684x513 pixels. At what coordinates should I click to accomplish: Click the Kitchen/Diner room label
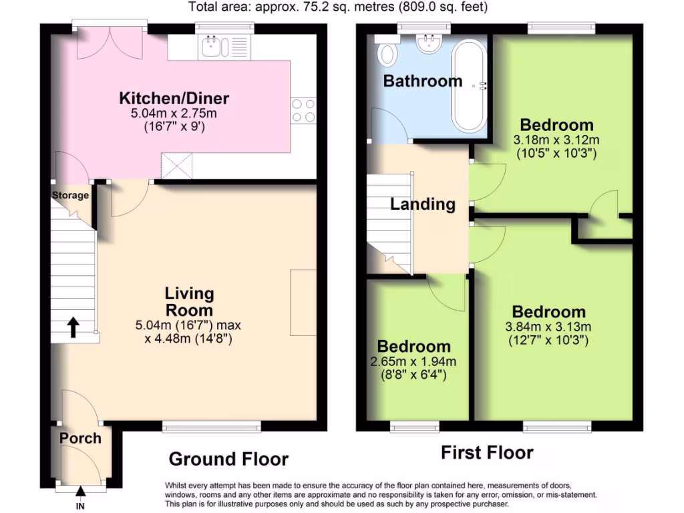(x=174, y=99)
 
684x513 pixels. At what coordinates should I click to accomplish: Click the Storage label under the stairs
(x=71, y=196)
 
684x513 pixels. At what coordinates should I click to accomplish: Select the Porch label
(x=81, y=439)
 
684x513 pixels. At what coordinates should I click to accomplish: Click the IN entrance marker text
(x=81, y=506)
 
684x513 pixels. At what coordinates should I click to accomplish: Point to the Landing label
(x=423, y=204)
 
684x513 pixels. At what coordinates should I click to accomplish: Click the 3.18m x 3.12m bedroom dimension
(x=556, y=140)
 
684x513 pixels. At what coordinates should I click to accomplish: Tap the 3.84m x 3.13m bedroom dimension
(x=548, y=327)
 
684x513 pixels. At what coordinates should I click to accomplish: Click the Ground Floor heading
(x=228, y=460)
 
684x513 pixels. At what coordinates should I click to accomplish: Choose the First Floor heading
(x=487, y=453)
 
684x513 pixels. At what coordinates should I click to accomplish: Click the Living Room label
(x=190, y=302)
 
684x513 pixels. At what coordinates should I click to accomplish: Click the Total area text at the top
(x=338, y=8)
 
